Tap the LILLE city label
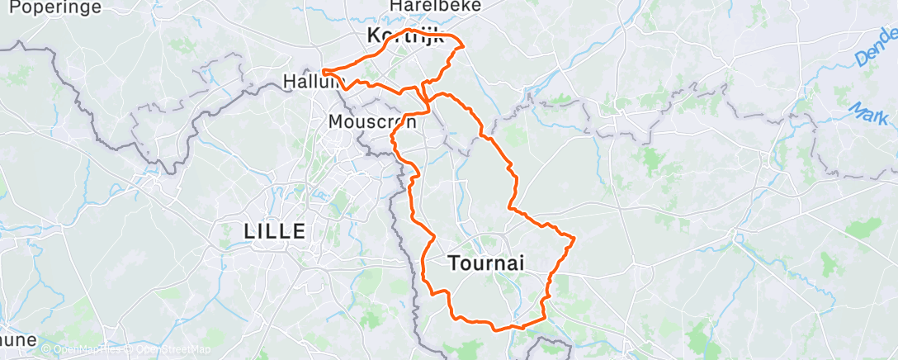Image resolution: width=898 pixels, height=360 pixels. pos(275,231)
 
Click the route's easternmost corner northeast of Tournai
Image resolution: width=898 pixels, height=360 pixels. pos(574,239)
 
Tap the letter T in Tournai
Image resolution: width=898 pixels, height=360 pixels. pos(453,263)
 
